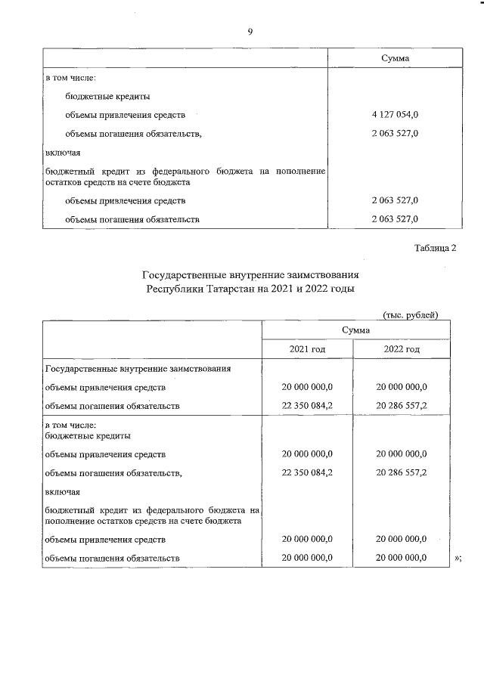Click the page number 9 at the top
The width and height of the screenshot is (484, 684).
(250, 31)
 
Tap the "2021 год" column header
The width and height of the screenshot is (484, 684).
(307, 349)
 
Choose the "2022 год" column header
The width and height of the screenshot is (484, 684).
(402, 349)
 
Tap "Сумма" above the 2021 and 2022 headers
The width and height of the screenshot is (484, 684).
(355, 330)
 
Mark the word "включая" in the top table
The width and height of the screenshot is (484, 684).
(61, 153)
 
